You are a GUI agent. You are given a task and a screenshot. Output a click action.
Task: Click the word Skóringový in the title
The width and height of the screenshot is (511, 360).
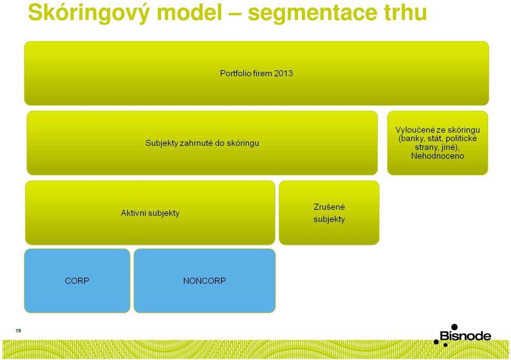(89, 12)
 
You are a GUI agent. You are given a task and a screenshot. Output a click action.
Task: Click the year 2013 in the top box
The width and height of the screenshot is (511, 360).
(283, 73)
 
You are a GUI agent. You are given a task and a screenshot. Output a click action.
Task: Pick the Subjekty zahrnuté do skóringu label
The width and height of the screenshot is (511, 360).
(202, 143)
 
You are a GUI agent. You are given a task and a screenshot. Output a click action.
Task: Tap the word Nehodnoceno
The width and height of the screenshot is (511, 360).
(438, 156)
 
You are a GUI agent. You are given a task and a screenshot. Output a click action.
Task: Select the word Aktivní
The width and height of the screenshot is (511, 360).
(133, 213)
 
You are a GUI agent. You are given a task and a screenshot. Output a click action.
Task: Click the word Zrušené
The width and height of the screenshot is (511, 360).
(329, 207)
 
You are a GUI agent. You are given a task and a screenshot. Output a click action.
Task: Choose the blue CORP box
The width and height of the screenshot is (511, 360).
(77, 281)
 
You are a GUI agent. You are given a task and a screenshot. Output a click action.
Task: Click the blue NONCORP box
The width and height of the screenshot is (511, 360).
(204, 281)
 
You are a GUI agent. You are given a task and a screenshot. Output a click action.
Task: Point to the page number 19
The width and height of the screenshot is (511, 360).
(18, 331)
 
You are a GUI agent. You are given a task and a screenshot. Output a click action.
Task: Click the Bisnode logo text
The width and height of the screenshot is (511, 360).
(465, 336)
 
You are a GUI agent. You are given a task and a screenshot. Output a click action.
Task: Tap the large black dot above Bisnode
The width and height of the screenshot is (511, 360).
(454, 327)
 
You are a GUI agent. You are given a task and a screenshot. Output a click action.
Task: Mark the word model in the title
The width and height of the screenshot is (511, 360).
(189, 12)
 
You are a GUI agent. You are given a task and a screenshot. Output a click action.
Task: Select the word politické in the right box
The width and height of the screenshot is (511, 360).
(461, 138)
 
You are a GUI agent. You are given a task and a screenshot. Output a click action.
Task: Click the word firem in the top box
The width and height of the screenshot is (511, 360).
(262, 73)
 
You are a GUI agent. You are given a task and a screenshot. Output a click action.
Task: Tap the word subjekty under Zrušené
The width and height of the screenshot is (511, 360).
(329, 219)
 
